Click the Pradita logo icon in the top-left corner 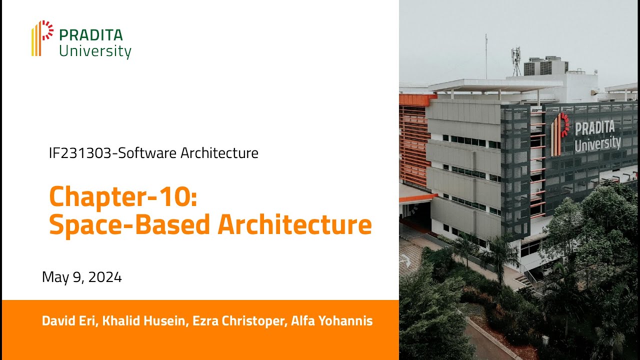(x=42, y=38)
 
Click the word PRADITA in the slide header (x=90, y=35)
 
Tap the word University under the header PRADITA (x=95, y=51)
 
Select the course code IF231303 (x=79, y=153)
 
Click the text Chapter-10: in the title (x=123, y=196)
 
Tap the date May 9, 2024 (x=82, y=277)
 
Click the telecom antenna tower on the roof (x=516, y=60)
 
